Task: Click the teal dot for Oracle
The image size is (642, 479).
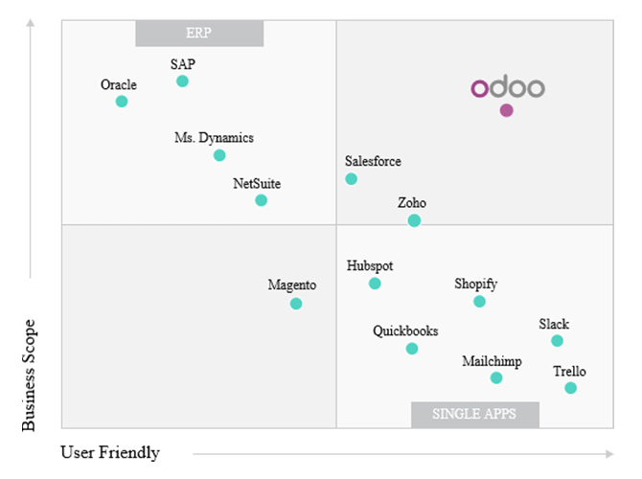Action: tap(122, 102)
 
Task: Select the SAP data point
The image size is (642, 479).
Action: tap(183, 81)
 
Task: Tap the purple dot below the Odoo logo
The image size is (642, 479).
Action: tap(507, 110)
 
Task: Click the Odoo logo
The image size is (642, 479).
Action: tap(507, 88)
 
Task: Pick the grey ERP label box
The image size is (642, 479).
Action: tap(198, 34)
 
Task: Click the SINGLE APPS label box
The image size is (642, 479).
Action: tap(475, 414)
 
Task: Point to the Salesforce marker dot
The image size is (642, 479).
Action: tap(352, 179)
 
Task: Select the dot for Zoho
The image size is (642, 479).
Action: tap(414, 220)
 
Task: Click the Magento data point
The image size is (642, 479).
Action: tap(296, 304)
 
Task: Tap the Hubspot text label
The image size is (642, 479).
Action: tap(370, 265)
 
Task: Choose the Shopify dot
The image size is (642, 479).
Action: tap(480, 302)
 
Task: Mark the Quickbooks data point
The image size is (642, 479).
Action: tap(412, 349)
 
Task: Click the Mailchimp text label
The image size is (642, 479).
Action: tap(492, 361)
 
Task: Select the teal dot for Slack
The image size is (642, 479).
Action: tap(558, 341)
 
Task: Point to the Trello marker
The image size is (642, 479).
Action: tap(571, 388)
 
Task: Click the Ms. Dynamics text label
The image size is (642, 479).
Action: tap(214, 138)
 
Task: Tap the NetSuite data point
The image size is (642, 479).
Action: tap(262, 200)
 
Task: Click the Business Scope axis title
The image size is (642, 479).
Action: tap(29, 376)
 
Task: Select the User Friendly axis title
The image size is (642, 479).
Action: tap(110, 452)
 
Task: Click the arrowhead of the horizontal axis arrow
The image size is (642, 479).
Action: tap(609, 453)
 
